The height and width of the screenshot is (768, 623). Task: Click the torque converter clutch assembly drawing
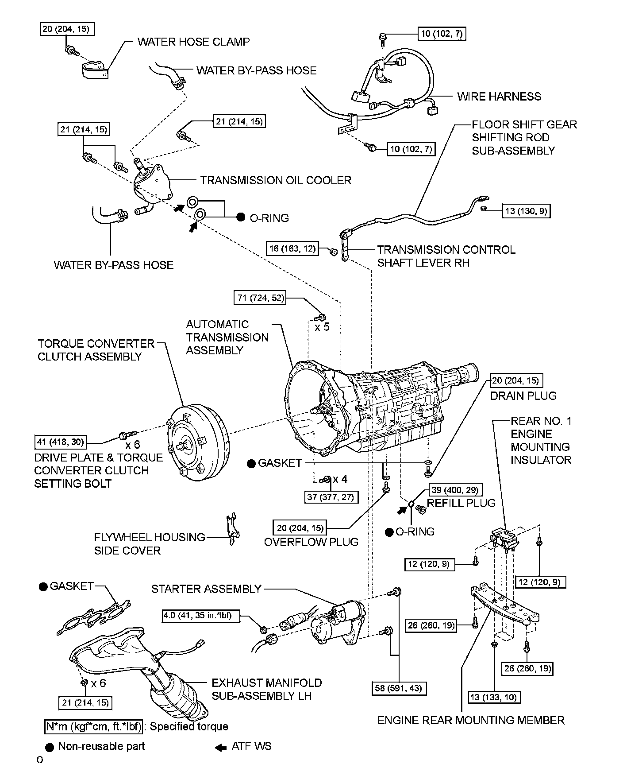coord(198,443)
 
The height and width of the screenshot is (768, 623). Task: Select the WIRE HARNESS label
coord(499,97)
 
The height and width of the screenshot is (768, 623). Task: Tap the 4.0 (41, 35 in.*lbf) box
coord(201,616)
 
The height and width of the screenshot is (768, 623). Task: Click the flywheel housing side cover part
coord(232,529)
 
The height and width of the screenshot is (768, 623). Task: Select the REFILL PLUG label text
coord(461,503)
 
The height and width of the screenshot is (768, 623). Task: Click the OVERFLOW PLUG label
coord(311,542)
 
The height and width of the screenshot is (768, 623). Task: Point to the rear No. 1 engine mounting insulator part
coord(504,538)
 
